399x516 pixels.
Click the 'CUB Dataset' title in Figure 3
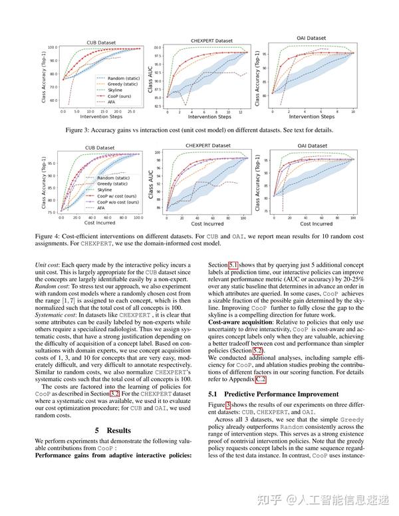click(x=101, y=43)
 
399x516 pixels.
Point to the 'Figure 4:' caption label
click(x=49, y=235)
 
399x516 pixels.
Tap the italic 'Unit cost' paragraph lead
click(x=47, y=264)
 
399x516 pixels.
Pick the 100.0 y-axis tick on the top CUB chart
click(x=53, y=48)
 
